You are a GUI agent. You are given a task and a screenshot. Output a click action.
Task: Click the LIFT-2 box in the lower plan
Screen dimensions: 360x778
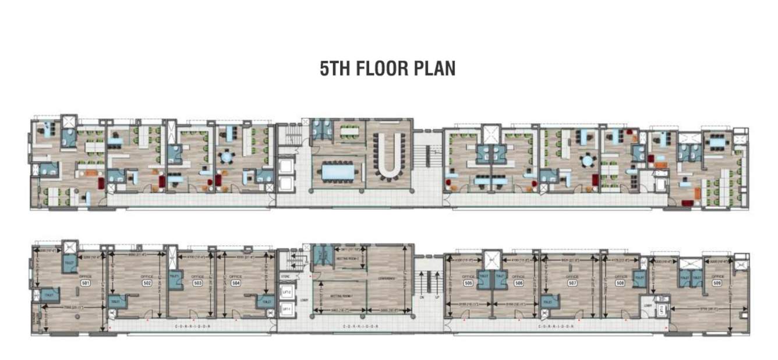coord(286,291)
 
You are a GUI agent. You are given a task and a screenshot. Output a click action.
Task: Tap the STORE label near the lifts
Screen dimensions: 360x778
coord(285,276)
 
